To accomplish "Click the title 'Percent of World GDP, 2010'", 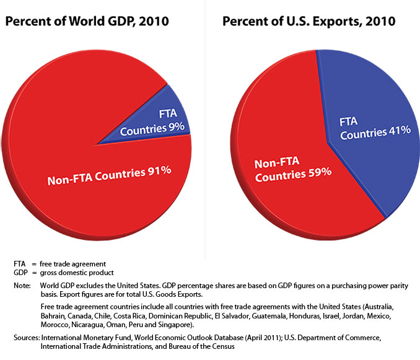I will (x=87, y=22).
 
